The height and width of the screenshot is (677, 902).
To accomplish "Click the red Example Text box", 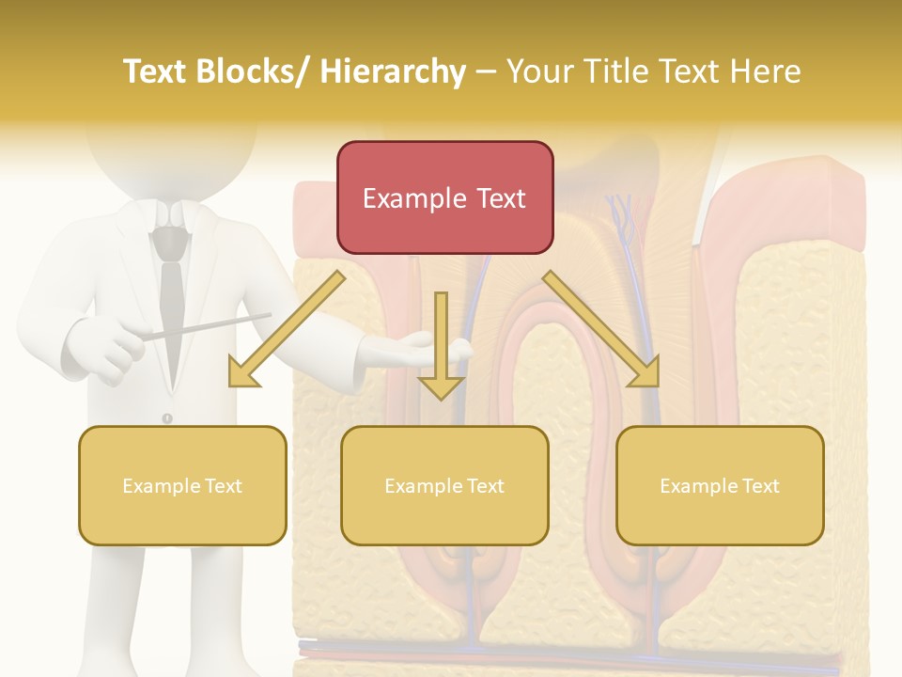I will [x=444, y=197].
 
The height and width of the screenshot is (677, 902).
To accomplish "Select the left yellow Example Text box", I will [x=182, y=485].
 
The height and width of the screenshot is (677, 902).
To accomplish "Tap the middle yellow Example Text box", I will [x=444, y=485].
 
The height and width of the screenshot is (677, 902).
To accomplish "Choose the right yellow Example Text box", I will [x=720, y=485].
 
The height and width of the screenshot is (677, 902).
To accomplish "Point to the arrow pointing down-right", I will [x=602, y=329].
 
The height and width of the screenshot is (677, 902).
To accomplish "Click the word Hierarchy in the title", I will [x=393, y=71].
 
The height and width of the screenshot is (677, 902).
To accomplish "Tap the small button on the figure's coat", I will [x=167, y=417].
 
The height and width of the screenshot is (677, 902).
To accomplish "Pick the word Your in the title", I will [x=539, y=71].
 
